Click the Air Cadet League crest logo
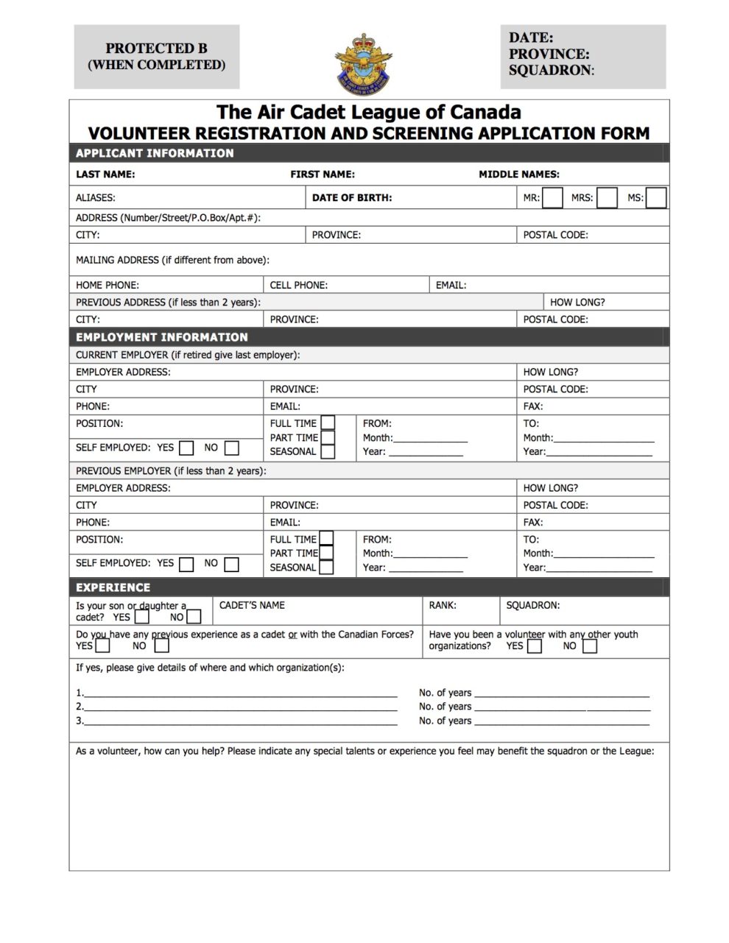(363, 63)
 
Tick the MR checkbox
(552, 198)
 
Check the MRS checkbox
(607, 198)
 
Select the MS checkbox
(656, 198)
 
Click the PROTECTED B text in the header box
(156, 49)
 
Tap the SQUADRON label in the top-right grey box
(550, 71)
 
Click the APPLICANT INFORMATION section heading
(155, 153)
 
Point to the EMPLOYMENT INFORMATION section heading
(162, 337)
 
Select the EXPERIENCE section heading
(113, 587)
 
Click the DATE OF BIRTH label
(352, 197)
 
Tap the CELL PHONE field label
(298, 285)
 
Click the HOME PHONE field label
(108, 285)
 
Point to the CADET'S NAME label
(252, 605)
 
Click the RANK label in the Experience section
(443, 605)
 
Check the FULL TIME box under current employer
(328, 423)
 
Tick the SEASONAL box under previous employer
(326, 568)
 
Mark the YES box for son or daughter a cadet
(142, 617)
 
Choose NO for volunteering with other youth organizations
(589, 646)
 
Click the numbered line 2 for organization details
(239, 707)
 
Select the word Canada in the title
(485, 113)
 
